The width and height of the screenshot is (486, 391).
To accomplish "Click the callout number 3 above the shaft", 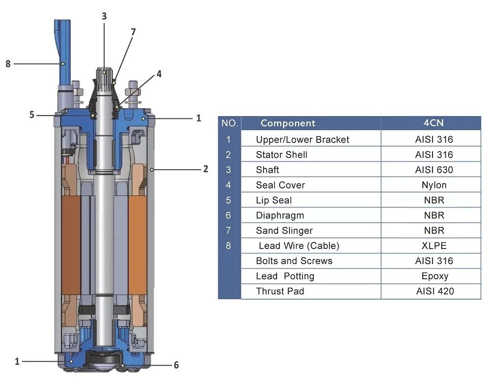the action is tap(104, 16).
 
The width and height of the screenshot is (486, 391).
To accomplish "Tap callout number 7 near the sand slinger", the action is tap(133, 32).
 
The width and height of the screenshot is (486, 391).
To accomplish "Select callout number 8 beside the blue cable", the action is tap(8, 64).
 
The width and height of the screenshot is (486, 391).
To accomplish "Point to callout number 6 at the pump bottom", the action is tap(176, 365).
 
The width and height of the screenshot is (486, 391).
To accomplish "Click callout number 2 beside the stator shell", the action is tap(206, 169).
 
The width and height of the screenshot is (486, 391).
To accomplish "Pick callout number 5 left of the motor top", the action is tap(32, 114).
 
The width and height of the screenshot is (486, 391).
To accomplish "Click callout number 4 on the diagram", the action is tap(159, 74).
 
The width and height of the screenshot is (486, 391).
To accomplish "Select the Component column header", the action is tap(288, 123).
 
